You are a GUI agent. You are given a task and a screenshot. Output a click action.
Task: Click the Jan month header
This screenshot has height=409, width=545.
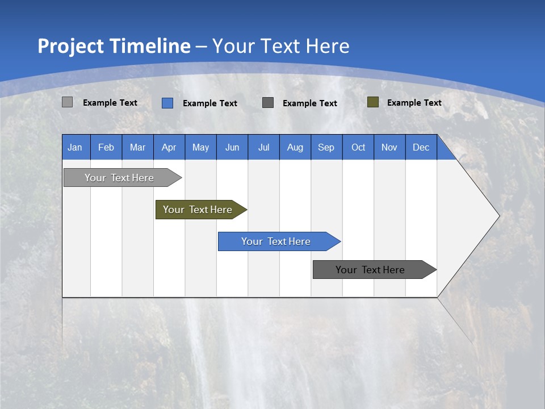[76, 147]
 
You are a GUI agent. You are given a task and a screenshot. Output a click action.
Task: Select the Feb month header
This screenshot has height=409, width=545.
[106, 147]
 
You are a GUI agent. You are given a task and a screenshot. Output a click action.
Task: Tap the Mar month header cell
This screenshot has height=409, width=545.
[137, 147]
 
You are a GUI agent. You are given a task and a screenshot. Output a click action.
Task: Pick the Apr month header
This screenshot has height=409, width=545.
[169, 147]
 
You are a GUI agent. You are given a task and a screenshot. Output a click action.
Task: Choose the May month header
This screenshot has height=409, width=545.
[200, 147]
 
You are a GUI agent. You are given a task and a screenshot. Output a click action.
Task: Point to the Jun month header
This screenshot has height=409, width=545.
[232, 147]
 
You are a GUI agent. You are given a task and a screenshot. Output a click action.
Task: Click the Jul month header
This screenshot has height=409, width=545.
[263, 147]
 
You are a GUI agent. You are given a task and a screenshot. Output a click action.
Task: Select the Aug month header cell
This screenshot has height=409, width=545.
[295, 147]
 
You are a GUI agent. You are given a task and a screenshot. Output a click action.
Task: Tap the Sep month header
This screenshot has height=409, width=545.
[326, 147]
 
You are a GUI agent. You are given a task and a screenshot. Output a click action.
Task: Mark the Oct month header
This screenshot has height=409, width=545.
[358, 147]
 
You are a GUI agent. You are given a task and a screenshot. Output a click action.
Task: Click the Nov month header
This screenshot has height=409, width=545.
[389, 147]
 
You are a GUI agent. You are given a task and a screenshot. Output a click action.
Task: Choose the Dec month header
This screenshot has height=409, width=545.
[421, 147]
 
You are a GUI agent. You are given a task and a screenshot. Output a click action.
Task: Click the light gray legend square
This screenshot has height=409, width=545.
[67, 102]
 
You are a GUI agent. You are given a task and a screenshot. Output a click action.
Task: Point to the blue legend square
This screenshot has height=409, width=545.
[167, 103]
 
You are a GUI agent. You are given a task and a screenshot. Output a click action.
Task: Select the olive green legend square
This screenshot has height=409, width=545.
[372, 102]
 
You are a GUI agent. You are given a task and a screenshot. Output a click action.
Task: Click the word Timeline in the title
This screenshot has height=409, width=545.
[150, 46]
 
